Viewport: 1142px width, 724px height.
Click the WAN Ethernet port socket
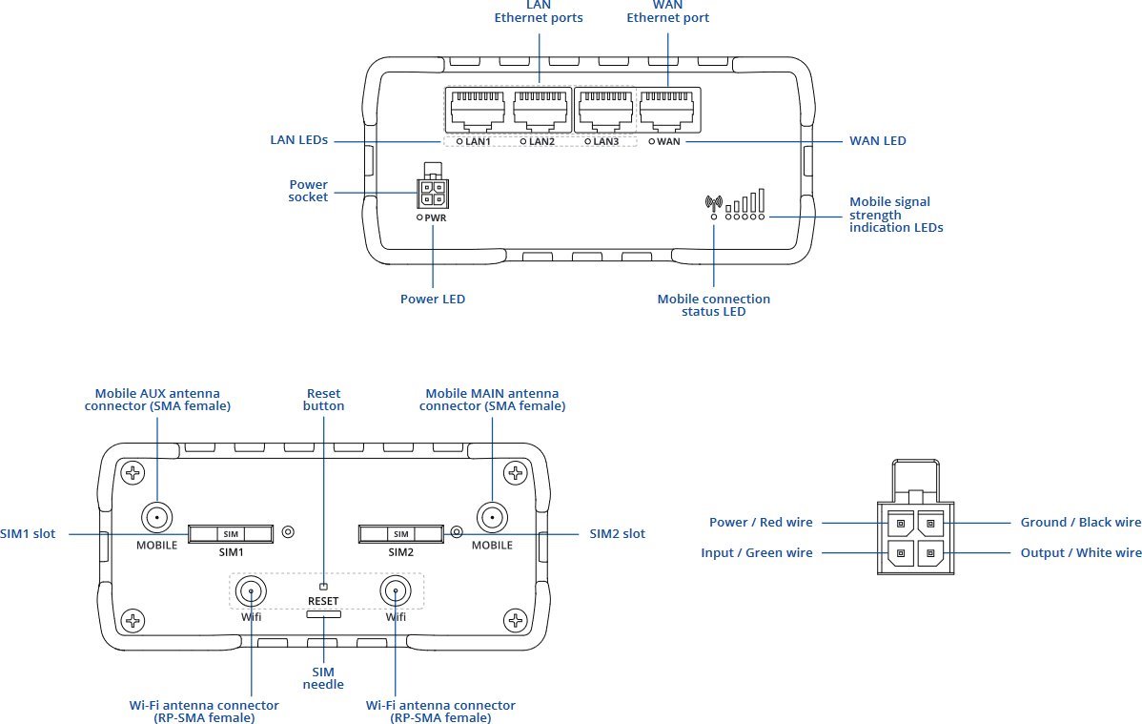(x=666, y=110)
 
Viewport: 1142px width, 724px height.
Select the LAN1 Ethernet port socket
(x=477, y=110)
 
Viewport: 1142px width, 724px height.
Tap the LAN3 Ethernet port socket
(x=605, y=110)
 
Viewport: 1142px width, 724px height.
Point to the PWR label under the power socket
(x=436, y=218)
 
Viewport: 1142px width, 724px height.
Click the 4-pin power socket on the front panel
(x=433, y=194)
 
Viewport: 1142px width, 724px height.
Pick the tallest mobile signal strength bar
(x=762, y=200)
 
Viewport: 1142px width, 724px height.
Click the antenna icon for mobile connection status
(x=714, y=202)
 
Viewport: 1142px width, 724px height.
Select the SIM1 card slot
(x=231, y=534)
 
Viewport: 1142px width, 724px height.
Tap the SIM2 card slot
(x=400, y=534)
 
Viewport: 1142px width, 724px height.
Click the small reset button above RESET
(x=323, y=587)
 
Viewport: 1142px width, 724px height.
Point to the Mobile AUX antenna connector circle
(x=156, y=518)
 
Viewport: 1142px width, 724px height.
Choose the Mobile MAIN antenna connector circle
(x=492, y=518)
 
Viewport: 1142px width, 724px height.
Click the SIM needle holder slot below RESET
(x=323, y=614)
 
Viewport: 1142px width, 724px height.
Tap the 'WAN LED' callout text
(x=878, y=141)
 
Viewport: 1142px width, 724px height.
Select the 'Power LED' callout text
(x=433, y=299)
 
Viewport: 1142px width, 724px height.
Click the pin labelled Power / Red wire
(x=900, y=523)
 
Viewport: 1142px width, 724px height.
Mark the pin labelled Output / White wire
(x=930, y=553)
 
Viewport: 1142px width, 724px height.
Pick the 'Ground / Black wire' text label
(x=1081, y=522)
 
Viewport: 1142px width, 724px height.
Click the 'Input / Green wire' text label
(x=757, y=552)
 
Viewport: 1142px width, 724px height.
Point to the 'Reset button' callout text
(x=323, y=400)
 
